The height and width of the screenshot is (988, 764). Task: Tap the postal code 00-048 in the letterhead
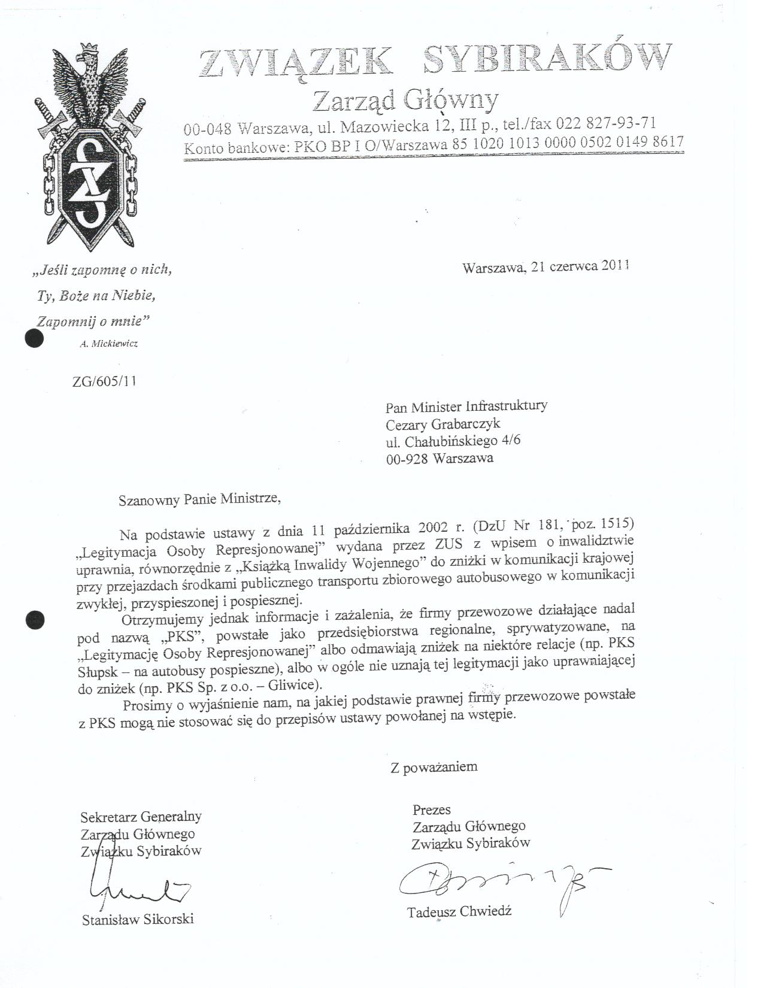click(207, 128)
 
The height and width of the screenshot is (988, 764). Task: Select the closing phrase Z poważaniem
click(434, 766)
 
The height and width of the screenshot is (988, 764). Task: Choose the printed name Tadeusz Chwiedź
click(459, 912)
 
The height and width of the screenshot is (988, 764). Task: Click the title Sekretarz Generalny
click(141, 816)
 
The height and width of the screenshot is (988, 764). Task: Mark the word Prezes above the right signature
click(432, 810)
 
